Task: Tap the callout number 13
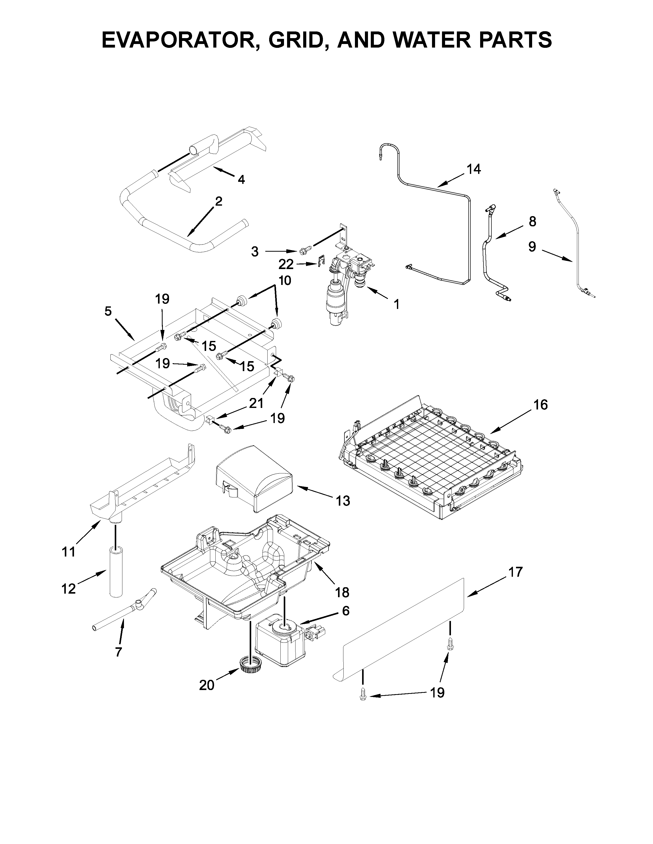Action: [x=343, y=501]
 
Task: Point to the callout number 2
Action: [x=219, y=201]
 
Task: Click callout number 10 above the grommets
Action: [x=285, y=281]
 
